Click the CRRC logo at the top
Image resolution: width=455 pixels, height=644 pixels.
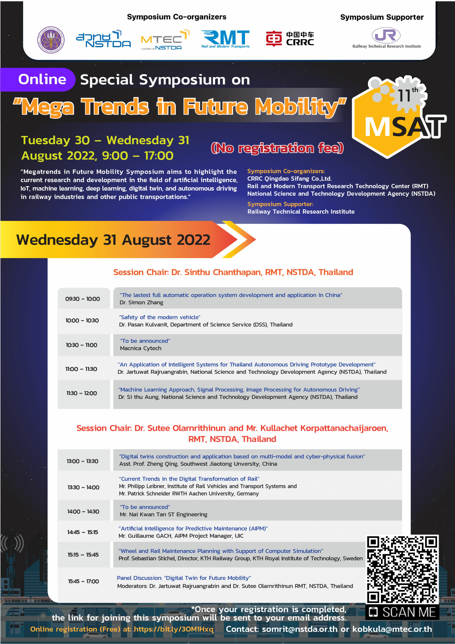290,38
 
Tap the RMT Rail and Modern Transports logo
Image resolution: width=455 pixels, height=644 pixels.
225,39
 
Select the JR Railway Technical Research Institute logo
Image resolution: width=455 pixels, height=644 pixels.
387,38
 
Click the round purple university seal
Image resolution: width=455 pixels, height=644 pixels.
51,40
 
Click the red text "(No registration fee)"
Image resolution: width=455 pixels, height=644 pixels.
277,148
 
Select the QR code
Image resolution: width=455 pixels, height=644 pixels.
402,569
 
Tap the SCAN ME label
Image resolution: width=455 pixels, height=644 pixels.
402,612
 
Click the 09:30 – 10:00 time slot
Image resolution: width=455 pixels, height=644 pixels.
83,299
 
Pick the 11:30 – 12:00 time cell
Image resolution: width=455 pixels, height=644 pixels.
82,393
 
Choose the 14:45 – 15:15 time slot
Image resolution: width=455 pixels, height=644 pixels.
83,532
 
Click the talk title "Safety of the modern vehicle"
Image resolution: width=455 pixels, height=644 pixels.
160,317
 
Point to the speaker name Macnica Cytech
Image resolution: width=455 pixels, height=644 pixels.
140,348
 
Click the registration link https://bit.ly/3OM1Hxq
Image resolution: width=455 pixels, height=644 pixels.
174,629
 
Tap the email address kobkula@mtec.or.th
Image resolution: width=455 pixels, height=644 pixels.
392,629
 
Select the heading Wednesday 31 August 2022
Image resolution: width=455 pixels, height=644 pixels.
113,240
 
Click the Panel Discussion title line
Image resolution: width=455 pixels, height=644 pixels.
184,578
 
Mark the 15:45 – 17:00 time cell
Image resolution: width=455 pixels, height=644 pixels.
83,581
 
